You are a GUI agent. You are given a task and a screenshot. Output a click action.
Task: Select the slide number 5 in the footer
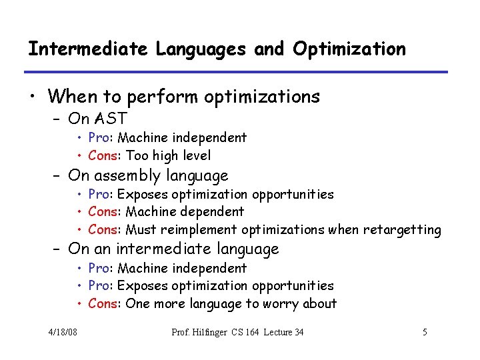pos(425,332)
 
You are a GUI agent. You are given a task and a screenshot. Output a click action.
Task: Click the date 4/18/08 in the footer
pos(63,332)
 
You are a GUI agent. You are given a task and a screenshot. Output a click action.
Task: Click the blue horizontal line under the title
pos(236,72)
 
